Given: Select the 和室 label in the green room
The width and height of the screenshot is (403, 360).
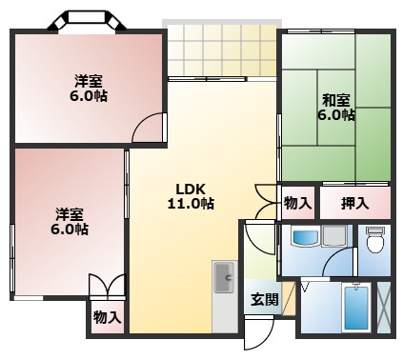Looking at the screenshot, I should [x=336, y=99].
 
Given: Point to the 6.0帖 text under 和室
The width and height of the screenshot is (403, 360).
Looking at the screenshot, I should [x=336, y=115].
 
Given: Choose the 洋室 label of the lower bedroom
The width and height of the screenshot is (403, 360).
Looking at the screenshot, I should [x=69, y=213].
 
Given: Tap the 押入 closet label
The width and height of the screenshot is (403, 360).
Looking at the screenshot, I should [x=354, y=203].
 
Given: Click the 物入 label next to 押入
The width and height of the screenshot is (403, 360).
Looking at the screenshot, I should [x=297, y=203].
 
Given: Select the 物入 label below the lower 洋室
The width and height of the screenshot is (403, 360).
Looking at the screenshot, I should [x=107, y=316].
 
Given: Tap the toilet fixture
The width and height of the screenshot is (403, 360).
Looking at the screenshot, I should [x=373, y=240].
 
